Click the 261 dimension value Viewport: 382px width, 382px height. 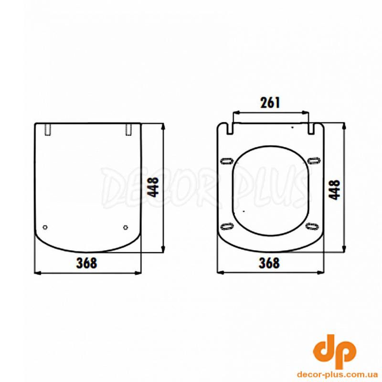point(270,103)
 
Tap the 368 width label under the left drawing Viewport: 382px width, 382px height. point(87,263)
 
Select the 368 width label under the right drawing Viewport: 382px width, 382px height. point(269,263)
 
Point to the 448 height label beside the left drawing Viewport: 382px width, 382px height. point(153,187)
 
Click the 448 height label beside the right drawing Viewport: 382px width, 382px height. point(334,190)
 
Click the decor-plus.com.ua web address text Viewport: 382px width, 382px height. point(337,374)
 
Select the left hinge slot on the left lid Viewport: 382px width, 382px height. point(48,129)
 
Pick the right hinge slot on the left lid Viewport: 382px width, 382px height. point(128,129)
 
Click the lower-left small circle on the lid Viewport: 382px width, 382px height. point(45,227)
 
